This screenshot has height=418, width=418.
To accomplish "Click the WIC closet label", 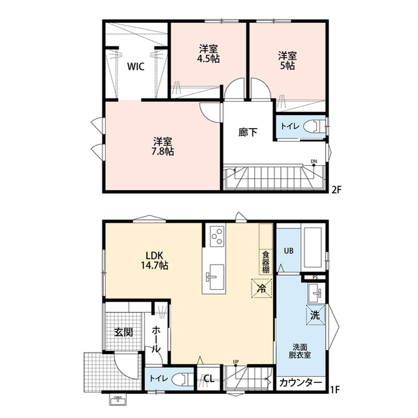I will coord(135,67).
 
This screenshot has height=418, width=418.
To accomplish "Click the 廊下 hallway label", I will coord(248,132).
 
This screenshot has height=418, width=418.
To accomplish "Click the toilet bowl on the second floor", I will coord(315,126).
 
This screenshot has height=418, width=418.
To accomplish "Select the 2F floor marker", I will coord(336,190).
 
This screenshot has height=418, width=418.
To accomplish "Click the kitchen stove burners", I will coord(216,234).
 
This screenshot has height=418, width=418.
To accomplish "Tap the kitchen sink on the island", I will coord(215,276).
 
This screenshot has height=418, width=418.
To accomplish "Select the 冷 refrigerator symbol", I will coord(261,287).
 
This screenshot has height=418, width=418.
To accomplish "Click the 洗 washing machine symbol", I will coord(315,315).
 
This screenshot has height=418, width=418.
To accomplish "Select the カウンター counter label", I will coord(300,383).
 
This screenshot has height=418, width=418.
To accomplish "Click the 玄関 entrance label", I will coord(124,332).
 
